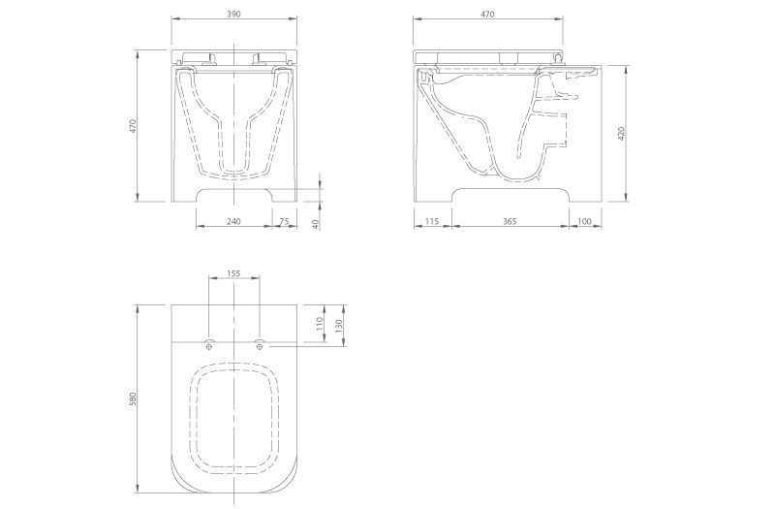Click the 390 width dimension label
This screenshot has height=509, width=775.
233,14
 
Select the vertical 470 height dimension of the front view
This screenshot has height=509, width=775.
132,126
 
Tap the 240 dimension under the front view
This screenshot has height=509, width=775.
233,221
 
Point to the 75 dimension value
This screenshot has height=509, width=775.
284,221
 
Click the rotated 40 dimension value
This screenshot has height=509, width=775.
316,224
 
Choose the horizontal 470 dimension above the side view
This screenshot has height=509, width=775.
487,15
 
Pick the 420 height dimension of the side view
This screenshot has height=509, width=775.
622,133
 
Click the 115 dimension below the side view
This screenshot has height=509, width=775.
432,221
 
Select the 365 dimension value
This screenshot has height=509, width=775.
510,221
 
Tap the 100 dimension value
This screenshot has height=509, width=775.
584,221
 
